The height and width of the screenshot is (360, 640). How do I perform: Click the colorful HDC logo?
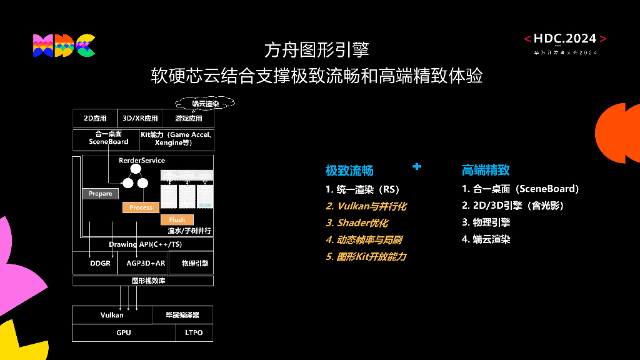pyautogui.click(x=64, y=46)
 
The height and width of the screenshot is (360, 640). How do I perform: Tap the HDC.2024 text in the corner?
pyautogui.click(x=565, y=39)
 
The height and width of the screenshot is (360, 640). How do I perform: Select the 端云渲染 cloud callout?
pyautogui.click(x=206, y=103)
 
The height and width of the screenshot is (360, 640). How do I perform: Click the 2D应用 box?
pyautogui.click(x=95, y=118)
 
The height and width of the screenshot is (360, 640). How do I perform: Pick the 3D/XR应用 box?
pyautogui.click(x=140, y=118)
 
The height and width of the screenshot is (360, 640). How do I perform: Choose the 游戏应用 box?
pyautogui.click(x=188, y=118)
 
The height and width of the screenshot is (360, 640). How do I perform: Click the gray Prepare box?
pyautogui.click(x=100, y=194)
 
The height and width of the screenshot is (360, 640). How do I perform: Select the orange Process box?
pyautogui.click(x=141, y=207)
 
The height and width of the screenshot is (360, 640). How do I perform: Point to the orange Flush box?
pyautogui.click(x=177, y=220)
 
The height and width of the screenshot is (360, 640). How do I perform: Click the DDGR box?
pyautogui.click(x=100, y=263)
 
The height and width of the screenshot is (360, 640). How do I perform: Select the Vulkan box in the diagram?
pyautogui.click(x=112, y=315)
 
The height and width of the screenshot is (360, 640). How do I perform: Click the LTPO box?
pyautogui.click(x=194, y=332)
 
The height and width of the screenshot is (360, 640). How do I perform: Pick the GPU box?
pyautogui.click(x=124, y=332)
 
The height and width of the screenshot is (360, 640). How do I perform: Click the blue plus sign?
pyautogui.click(x=417, y=166)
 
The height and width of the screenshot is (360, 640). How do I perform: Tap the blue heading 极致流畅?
pyautogui.click(x=349, y=171)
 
